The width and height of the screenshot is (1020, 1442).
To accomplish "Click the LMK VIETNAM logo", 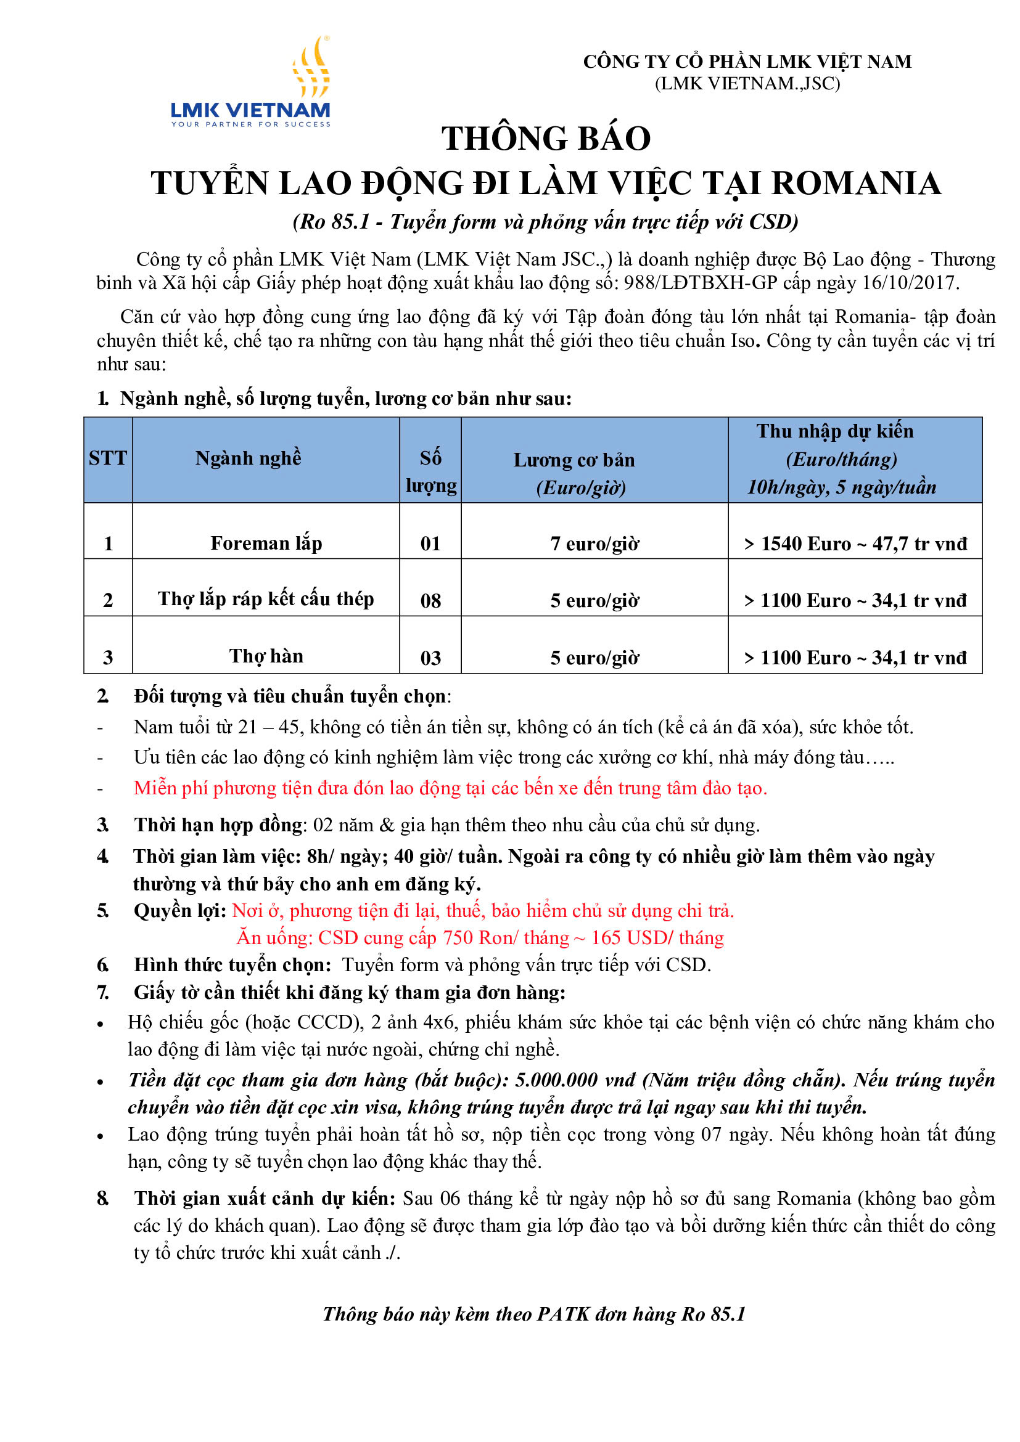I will [x=250, y=83].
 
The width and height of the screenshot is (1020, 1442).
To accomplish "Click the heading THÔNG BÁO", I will [x=546, y=139].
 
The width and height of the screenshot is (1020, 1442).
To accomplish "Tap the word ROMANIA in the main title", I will [x=855, y=184].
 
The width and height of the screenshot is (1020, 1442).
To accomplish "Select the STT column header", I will [x=107, y=458].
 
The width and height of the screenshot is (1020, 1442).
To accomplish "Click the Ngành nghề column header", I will [x=249, y=458].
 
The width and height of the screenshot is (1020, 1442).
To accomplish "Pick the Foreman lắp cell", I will [x=266, y=543].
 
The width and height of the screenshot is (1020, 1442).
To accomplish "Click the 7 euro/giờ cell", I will [x=594, y=544].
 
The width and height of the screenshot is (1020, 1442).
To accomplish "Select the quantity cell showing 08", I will [x=430, y=601].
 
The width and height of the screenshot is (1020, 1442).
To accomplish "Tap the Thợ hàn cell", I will [x=266, y=656].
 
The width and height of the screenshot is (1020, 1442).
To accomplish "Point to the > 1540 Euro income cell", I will [x=855, y=544].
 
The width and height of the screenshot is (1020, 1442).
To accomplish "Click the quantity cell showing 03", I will [x=430, y=658].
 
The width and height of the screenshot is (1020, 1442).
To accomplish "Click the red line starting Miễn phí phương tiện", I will [x=450, y=788].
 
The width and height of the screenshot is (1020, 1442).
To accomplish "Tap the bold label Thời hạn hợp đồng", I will [x=219, y=825].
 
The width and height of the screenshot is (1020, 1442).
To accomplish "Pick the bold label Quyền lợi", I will [x=179, y=911].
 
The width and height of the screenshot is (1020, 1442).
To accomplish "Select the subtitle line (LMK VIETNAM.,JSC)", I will [x=747, y=84].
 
